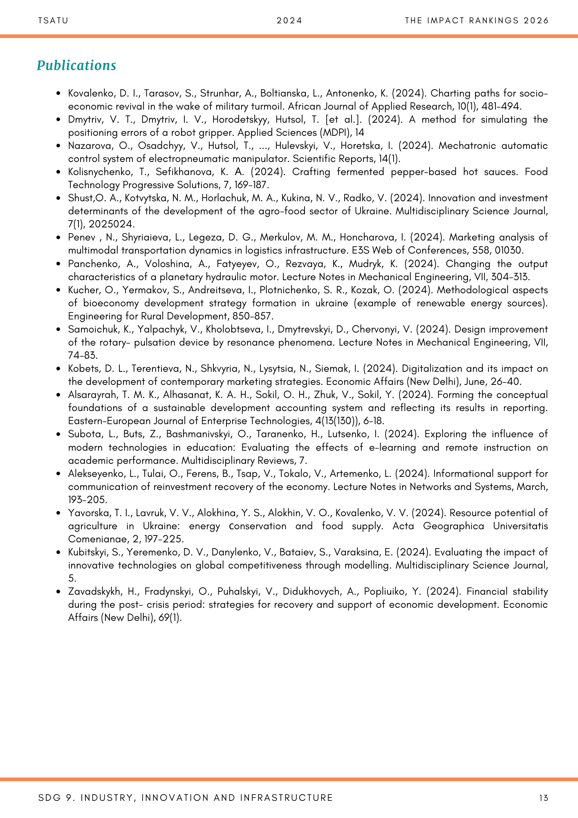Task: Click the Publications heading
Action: point(76,65)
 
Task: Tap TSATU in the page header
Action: point(53,21)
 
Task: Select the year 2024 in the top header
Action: point(289,21)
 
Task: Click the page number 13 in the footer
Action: point(543,798)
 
